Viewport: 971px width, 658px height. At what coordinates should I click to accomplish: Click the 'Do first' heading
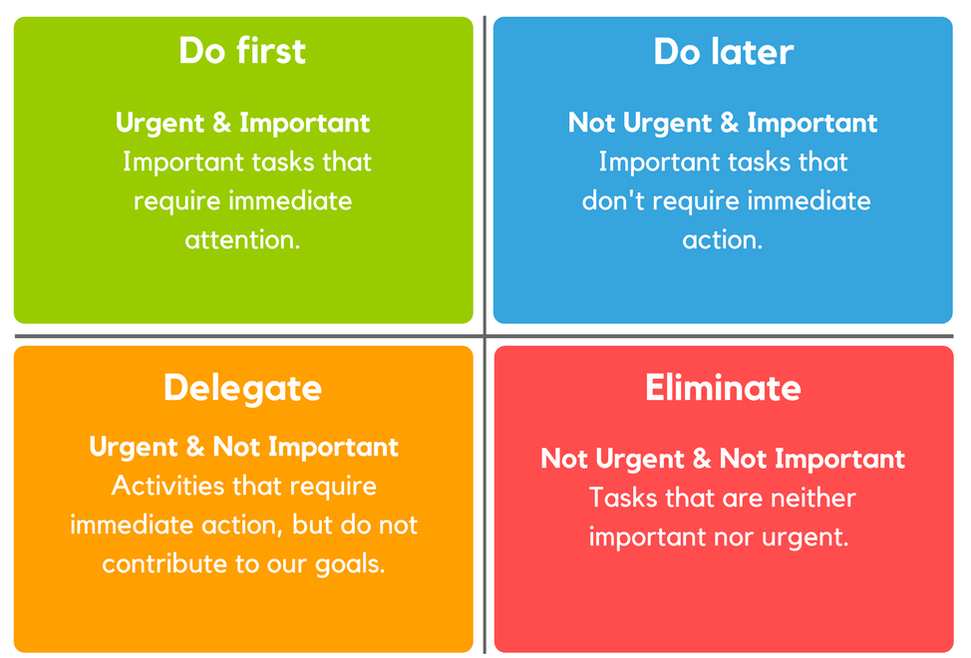point(242,50)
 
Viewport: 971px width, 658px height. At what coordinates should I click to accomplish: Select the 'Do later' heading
point(724,52)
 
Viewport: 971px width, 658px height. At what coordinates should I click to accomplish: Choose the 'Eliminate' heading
point(724,388)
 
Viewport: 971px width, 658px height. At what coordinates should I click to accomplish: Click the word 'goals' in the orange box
point(346,565)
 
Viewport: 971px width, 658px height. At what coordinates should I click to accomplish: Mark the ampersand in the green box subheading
point(221,123)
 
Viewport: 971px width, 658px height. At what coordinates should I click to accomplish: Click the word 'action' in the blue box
point(719,239)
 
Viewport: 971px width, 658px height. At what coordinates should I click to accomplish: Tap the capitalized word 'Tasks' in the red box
point(622,497)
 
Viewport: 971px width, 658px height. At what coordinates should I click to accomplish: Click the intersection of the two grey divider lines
point(485,336)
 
